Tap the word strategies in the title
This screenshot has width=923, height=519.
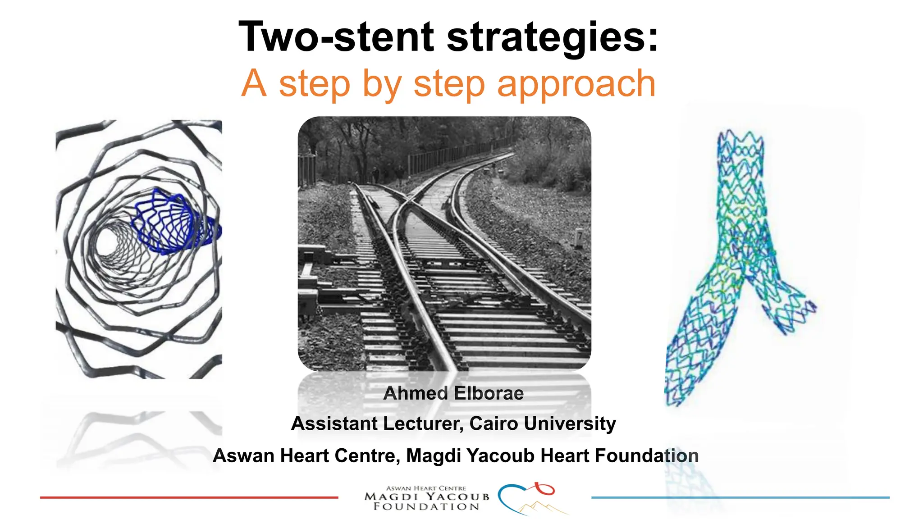pos(553,38)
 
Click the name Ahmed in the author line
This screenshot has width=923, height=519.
pos(414,393)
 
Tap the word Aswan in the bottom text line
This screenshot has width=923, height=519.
pos(243,455)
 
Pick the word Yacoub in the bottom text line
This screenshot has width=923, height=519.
pos(501,455)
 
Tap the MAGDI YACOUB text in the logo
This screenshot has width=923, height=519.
pos(426,497)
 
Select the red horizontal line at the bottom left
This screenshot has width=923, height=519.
pos(189,497)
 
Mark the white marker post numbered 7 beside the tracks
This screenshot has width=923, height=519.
pos(580,236)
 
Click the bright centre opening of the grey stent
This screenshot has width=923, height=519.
pos(108,241)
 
